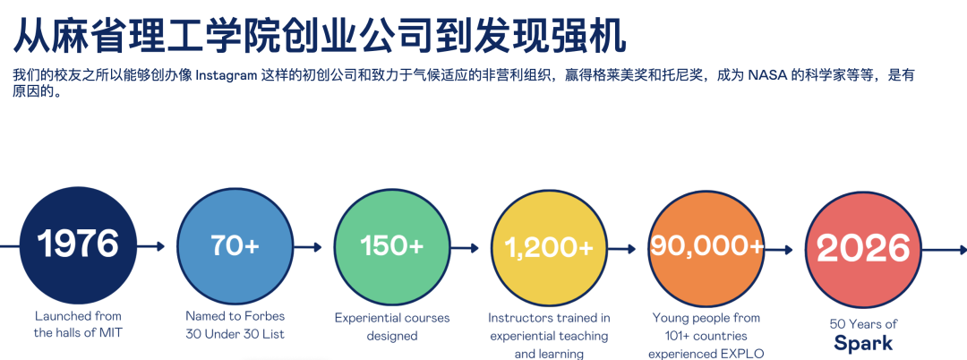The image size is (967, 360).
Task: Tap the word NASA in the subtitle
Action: click(766, 76)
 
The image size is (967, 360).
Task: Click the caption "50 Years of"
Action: click(863, 323)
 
